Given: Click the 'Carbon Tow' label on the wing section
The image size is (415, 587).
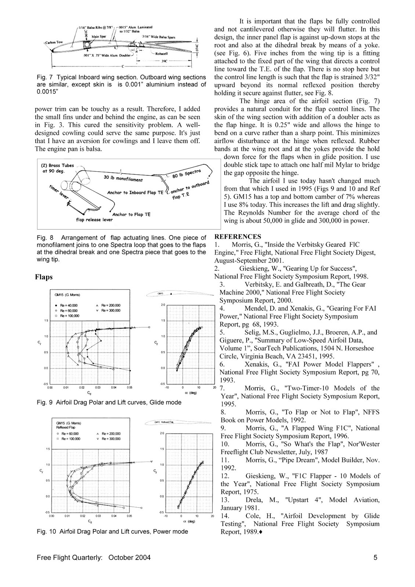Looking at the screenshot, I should (x=54, y=42).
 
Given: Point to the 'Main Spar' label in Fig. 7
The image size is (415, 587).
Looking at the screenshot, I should (x=99, y=37).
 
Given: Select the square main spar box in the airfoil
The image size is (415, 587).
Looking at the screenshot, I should (x=89, y=45).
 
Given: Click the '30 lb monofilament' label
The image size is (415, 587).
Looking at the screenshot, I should (x=123, y=179).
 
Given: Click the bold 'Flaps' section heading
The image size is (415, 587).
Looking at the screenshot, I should (x=44, y=277).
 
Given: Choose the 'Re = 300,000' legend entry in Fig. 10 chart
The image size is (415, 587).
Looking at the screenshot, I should (x=112, y=438).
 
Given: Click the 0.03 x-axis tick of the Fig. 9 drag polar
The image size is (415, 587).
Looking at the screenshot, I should (x=98, y=387).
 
